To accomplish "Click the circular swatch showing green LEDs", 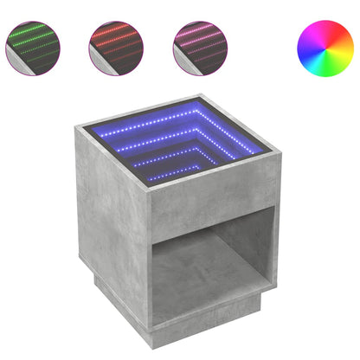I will coord(33,45).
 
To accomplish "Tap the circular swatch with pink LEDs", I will coord(200,45).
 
